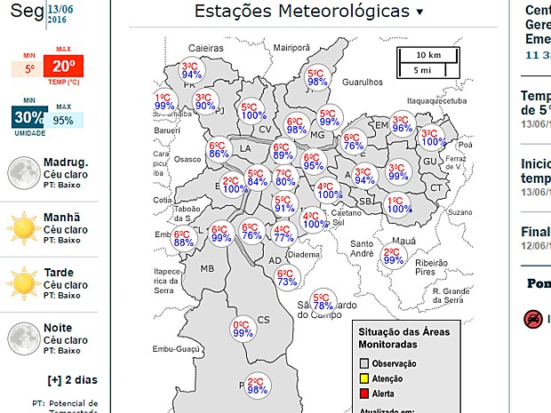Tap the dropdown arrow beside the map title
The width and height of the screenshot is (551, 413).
pyautogui.click(x=420, y=12)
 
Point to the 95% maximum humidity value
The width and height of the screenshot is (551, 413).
pyautogui.click(x=63, y=120)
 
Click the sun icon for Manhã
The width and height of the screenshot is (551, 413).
pyautogui.click(x=21, y=229)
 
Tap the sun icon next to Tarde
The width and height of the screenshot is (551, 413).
pyautogui.click(x=21, y=284)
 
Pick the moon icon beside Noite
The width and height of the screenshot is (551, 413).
pyautogui.click(x=21, y=338)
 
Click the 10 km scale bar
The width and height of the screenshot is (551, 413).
pyautogui.click(x=429, y=55)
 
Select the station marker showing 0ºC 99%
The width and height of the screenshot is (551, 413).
pyautogui.click(x=242, y=329)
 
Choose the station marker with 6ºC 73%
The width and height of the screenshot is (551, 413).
pyautogui.click(x=286, y=277)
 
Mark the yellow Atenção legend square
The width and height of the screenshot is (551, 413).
pyautogui.click(x=363, y=378)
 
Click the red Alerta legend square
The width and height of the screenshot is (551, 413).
pyautogui.click(x=363, y=393)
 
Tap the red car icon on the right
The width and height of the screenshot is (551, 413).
pyautogui.click(x=532, y=318)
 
